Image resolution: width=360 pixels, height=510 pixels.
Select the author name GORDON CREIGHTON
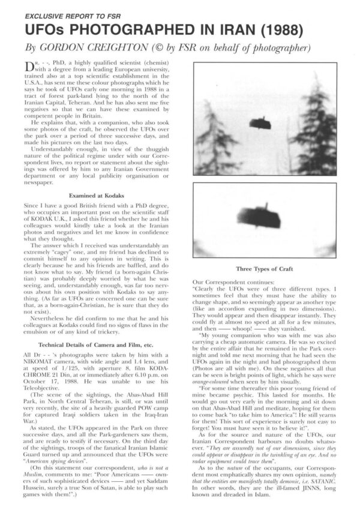[89, 49]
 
